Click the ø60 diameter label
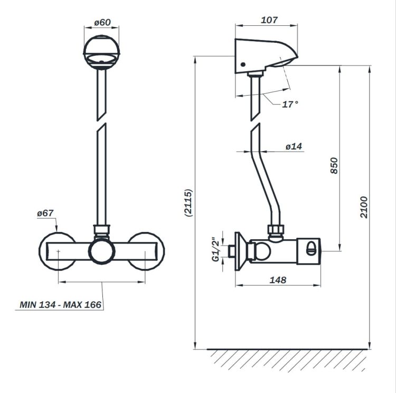coord(102,22)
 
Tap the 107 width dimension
coord(269,20)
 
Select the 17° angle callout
coord(290,104)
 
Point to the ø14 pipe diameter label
coord(294,146)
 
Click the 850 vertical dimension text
coord(334,165)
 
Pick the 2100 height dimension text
coord(364,207)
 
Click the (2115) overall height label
coord(188,203)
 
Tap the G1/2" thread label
coord(216,249)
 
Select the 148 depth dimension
coord(278,280)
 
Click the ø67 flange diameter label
coord(45,213)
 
